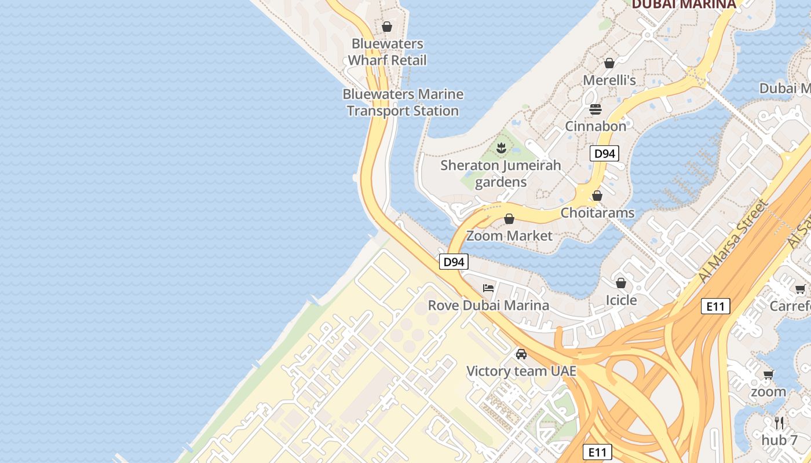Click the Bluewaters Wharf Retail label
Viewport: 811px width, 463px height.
tap(388, 52)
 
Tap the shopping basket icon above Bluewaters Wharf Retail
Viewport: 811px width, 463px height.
tap(387, 27)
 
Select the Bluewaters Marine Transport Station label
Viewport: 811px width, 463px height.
tap(403, 102)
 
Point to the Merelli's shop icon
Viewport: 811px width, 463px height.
tap(609, 63)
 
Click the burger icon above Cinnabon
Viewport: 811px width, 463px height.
tap(596, 109)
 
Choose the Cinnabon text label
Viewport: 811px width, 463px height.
tap(596, 126)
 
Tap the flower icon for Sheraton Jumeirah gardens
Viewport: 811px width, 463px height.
tap(501, 148)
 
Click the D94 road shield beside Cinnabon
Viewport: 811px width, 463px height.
tap(604, 153)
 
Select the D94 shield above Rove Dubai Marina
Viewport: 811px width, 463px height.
tap(454, 262)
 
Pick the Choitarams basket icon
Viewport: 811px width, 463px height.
tap(597, 196)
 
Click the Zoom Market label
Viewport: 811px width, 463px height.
tap(510, 236)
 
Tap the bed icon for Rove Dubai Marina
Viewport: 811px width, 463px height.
tap(488, 288)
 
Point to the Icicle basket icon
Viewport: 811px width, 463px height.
tap(621, 283)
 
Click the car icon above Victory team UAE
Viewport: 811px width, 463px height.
tap(521, 354)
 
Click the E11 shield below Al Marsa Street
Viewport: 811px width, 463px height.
tap(715, 306)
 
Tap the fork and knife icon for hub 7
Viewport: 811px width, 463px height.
tap(779, 423)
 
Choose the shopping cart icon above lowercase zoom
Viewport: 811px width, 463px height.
tap(769, 374)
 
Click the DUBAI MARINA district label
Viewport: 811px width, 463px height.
tap(684, 5)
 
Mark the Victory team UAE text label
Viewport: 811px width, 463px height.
tap(521, 371)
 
